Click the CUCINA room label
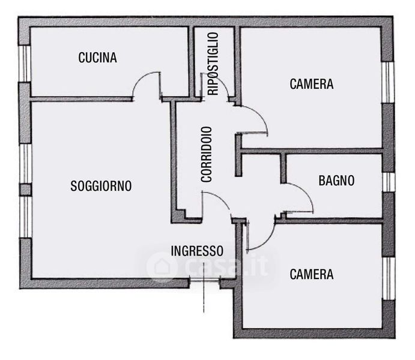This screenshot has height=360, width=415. [97, 58]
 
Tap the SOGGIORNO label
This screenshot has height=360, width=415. [101, 186]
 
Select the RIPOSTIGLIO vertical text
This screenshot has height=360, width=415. [213, 64]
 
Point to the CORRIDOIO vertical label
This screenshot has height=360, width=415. [207, 155]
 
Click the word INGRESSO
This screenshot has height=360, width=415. [197, 251]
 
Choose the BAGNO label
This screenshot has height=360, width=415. [336, 181]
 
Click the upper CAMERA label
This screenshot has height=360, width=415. [312, 84]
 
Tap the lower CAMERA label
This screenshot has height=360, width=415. [312, 274]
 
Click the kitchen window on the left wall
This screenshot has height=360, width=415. [25, 64]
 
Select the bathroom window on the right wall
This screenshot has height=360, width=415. [389, 182]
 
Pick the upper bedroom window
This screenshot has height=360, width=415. [388, 82]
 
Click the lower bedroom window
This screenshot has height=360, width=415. [389, 278]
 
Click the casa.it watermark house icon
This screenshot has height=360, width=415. [162, 267]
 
